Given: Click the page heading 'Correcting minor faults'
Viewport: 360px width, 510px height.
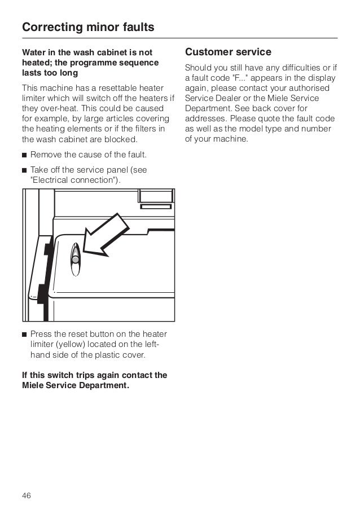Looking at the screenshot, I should (88, 27).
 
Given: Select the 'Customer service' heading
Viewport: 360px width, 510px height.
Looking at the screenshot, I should (228, 52).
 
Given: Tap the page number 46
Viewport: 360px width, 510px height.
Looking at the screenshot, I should (27, 480).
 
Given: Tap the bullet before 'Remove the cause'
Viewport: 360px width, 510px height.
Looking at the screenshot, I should (24, 154).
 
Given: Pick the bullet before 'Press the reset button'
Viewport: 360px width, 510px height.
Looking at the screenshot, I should (24, 334).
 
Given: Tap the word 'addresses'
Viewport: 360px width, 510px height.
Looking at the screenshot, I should (204, 119).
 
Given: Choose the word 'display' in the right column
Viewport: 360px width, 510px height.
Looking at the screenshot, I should (323, 78).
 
